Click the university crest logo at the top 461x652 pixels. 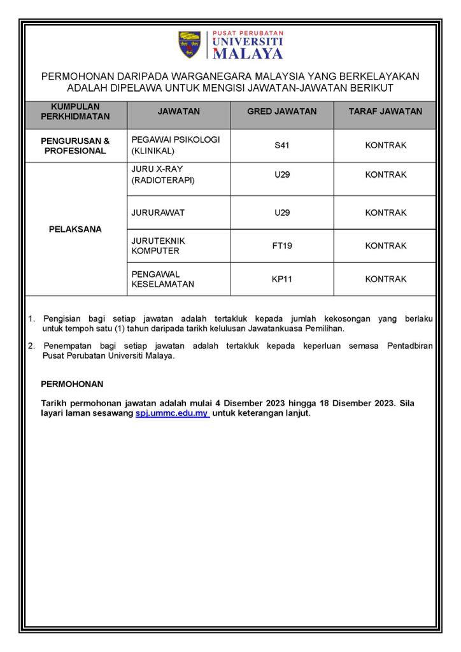189,45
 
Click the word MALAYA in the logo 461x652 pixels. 248,53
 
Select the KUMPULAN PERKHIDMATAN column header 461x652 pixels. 75,111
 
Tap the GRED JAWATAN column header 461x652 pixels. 281,111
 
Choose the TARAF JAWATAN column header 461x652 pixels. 385,111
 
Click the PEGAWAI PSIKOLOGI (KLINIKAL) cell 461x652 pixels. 175,145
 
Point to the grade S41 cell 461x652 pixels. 281,146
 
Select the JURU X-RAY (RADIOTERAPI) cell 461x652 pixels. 163,174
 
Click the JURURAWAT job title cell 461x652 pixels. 158,213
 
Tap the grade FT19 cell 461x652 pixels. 281,246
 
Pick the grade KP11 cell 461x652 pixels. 281,279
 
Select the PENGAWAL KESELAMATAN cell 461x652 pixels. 162,279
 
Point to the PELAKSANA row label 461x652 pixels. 75,229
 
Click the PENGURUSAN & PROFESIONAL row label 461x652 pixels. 75,146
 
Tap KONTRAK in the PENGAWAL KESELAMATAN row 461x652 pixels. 385,279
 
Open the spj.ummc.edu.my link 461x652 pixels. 172,413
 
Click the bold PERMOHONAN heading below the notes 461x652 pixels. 72,385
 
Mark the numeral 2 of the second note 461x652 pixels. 31,346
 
